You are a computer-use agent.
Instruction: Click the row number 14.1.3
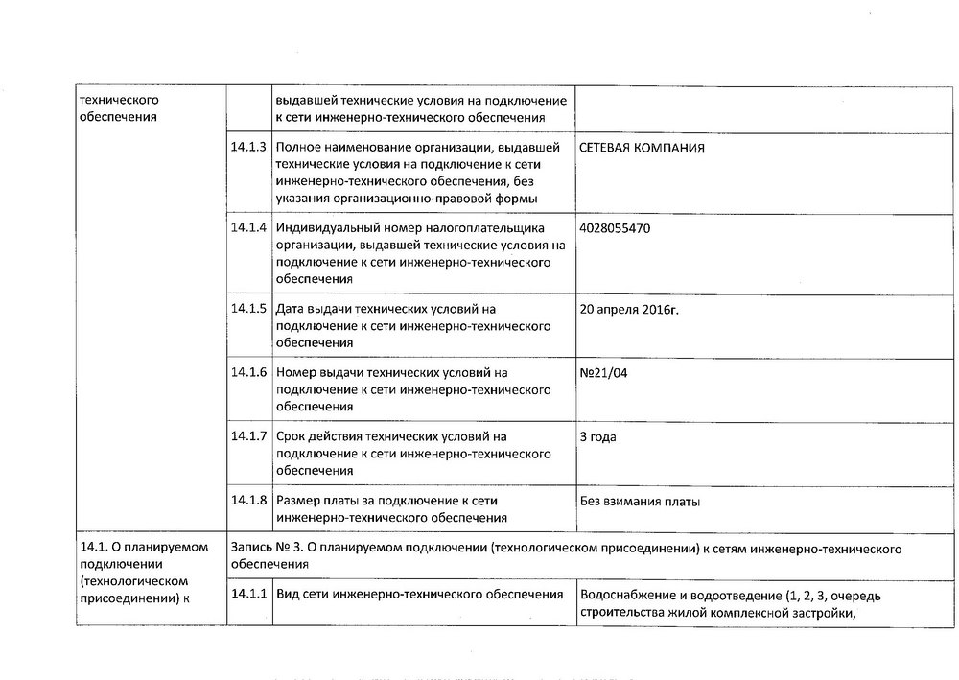tap(247, 149)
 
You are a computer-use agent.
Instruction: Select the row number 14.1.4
tap(247, 228)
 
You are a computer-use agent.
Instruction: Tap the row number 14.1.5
tap(247, 309)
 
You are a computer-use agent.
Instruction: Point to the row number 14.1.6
tap(247, 372)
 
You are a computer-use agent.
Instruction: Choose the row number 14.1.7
tap(247, 436)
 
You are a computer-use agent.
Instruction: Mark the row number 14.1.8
tap(247, 501)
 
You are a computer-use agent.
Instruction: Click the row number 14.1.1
tap(247, 596)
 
